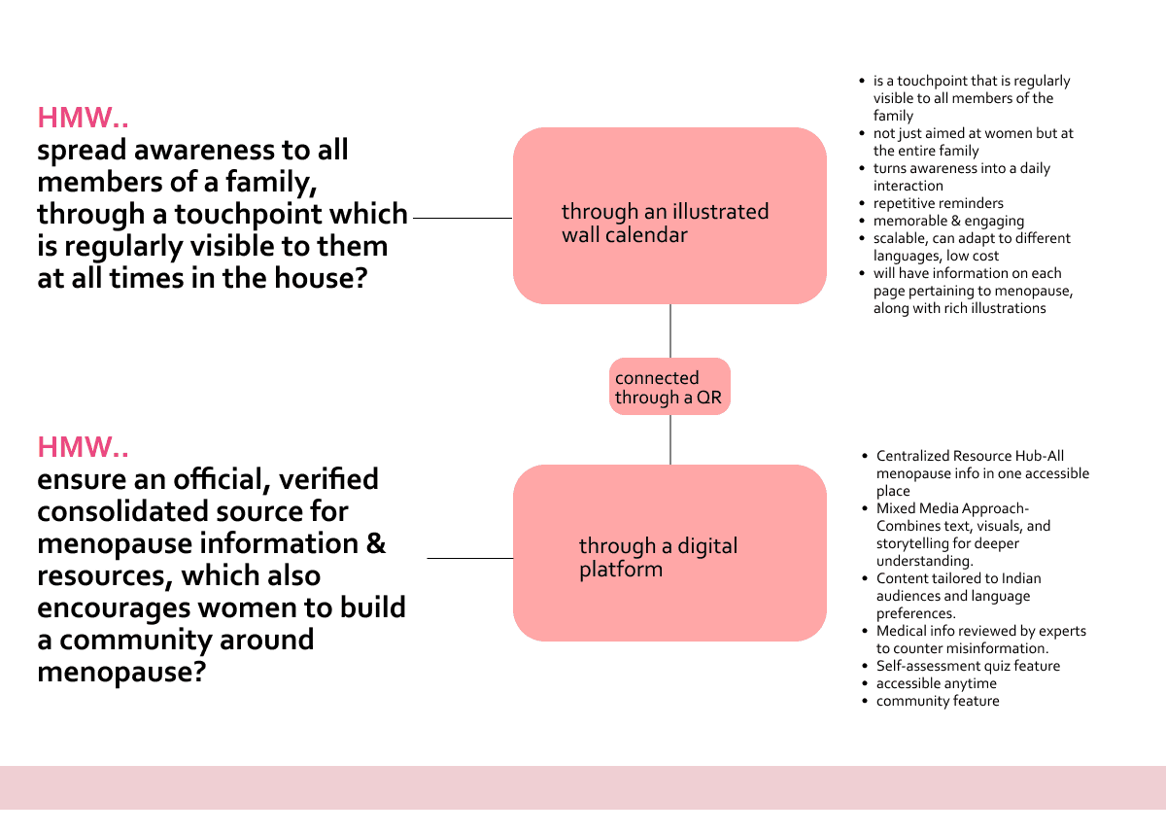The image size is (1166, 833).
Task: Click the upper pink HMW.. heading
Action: click(84, 118)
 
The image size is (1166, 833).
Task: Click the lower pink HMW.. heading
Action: click(84, 447)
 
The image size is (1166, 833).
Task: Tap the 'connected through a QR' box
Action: click(669, 387)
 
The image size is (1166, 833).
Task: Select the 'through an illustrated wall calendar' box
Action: click(669, 216)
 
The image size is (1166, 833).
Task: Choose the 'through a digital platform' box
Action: click(669, 552)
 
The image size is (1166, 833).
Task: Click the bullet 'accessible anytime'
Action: click(936, 683)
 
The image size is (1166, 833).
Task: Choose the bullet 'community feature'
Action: click(937, 701)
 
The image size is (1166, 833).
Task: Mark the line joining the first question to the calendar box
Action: click(463, 219)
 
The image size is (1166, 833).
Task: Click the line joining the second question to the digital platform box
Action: click(469, 559)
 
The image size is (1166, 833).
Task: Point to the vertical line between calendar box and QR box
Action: click(670, 330)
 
